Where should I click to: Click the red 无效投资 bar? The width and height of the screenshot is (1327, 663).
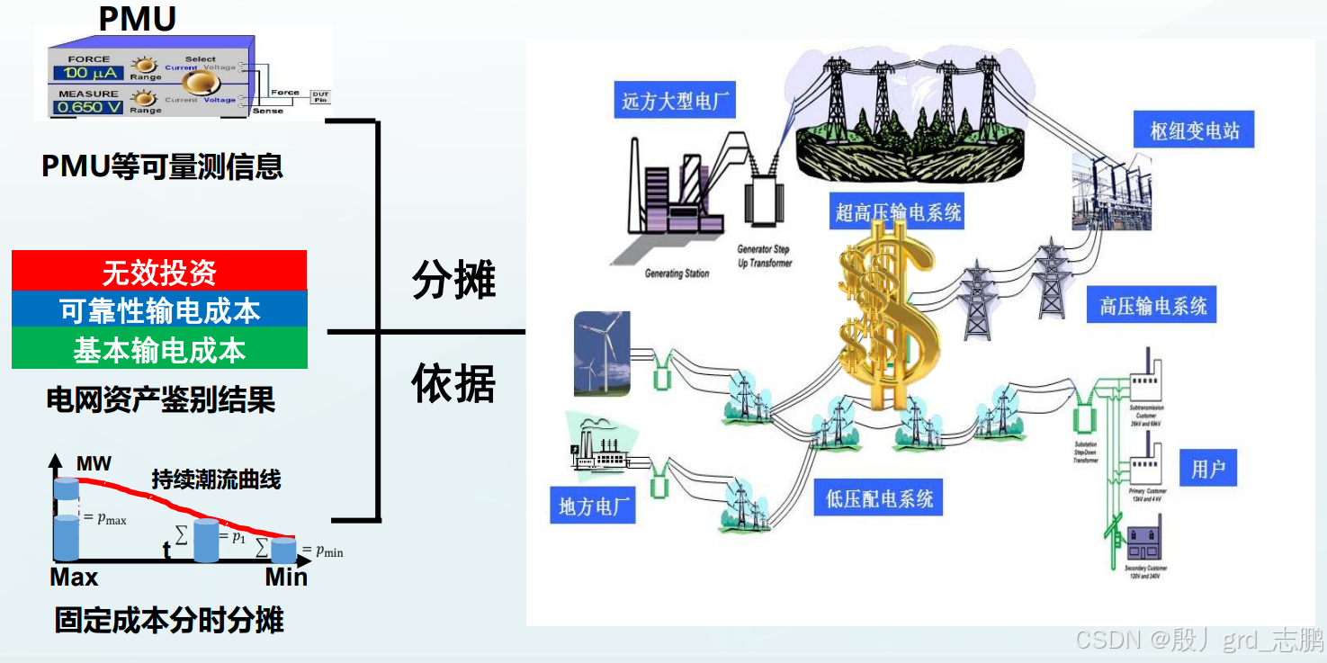[x=159, y=271]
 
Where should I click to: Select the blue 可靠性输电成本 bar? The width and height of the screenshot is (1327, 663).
[x=159, y=310]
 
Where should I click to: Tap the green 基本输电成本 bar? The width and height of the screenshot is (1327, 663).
[x=159, y=350]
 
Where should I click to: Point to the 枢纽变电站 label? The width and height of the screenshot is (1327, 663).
[x=1194, y=131]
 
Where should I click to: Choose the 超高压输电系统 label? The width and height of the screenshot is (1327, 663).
[x=898, y=212]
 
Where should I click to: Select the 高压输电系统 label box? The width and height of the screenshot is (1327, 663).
[x=1152, y=307]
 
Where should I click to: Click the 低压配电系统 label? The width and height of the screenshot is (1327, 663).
[x=879, y=498]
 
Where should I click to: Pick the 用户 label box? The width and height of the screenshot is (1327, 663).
[x=1207, y=469]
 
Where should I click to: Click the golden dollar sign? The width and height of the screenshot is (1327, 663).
[x=886, y=315]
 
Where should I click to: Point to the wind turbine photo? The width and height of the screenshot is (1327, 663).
[x=602, y=354]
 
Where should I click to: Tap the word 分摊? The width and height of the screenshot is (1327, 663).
[x=453, y=280]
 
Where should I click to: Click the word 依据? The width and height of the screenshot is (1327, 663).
[x=453, y=384]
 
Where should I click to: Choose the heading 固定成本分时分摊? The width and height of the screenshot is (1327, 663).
[x=169, y=621]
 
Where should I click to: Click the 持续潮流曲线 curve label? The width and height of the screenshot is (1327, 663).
[x=216, y=479]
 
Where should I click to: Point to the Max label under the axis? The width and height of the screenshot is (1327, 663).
[x=74, y=578]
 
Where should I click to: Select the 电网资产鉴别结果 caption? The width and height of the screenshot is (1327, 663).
[x=160, y=399]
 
